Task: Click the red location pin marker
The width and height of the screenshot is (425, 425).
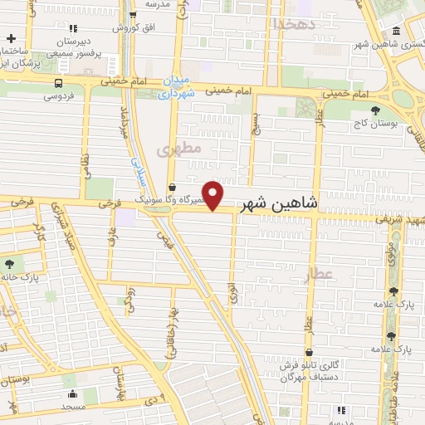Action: (213, 195)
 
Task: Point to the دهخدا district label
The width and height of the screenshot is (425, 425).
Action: (293, 23)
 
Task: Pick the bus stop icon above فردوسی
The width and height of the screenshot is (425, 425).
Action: (57, 83)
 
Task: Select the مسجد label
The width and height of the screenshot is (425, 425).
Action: (72, 408)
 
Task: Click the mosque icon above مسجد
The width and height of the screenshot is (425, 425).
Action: (72, 394)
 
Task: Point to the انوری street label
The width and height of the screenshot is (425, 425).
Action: (231, 291)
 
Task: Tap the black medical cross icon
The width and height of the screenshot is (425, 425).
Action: (12, 39)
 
